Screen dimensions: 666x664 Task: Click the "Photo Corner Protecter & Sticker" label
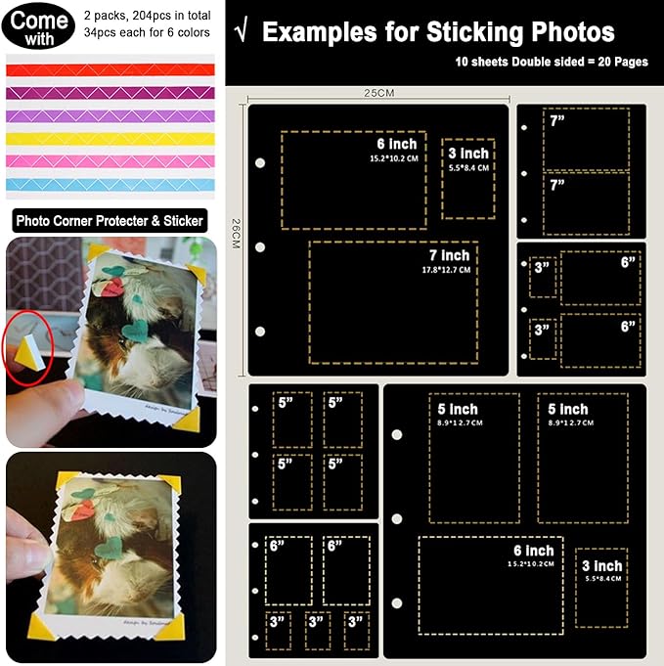coord(110,221)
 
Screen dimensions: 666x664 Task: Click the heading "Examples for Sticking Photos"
coord(438,32)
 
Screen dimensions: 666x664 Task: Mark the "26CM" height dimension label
coord(235,233)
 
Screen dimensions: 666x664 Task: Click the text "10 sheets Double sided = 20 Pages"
coord(537,61)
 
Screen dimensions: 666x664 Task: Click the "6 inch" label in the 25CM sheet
coord(389,144)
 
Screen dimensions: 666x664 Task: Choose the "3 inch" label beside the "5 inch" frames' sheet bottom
coord(601,566)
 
